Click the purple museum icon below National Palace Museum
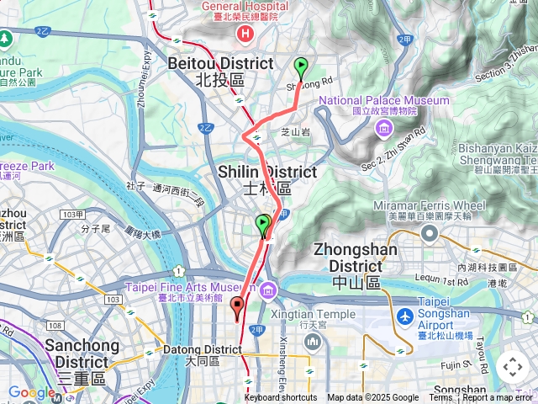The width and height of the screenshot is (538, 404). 384,127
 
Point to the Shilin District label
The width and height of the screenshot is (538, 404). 267,179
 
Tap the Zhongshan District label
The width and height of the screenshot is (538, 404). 354,265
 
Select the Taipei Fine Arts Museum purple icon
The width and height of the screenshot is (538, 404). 268,291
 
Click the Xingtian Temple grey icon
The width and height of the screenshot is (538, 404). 313,342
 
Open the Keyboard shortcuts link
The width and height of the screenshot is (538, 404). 281,398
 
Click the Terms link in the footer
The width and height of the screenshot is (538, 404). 440,398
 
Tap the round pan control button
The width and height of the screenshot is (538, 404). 512,367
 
